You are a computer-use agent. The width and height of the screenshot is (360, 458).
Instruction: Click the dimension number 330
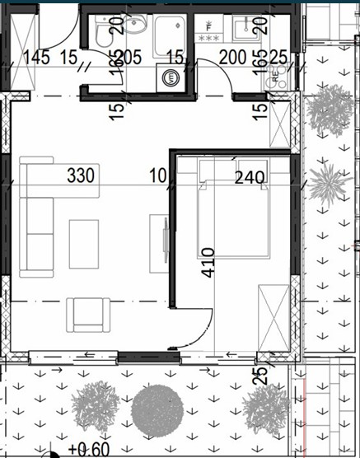pos(81,175)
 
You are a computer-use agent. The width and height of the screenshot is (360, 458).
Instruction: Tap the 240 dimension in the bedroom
pos(249,176)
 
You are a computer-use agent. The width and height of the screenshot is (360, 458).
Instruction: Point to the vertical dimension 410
pos(207,262)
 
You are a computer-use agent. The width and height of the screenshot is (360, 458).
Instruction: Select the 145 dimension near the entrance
pos(38,58)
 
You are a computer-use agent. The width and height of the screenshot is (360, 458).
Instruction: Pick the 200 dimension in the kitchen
pos(235,58)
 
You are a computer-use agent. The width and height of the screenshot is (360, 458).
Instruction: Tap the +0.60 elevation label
pos(88,449)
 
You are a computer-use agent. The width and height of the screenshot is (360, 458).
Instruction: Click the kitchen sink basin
pos(245,30)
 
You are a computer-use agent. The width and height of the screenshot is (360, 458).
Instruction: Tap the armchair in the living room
pos(89,315)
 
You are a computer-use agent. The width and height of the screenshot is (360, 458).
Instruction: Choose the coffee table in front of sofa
pos(84,243)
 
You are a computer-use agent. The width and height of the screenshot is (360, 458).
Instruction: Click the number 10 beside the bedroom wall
pos(157,175)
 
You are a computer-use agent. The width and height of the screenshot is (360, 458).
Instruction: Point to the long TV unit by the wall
pos(158,244)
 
